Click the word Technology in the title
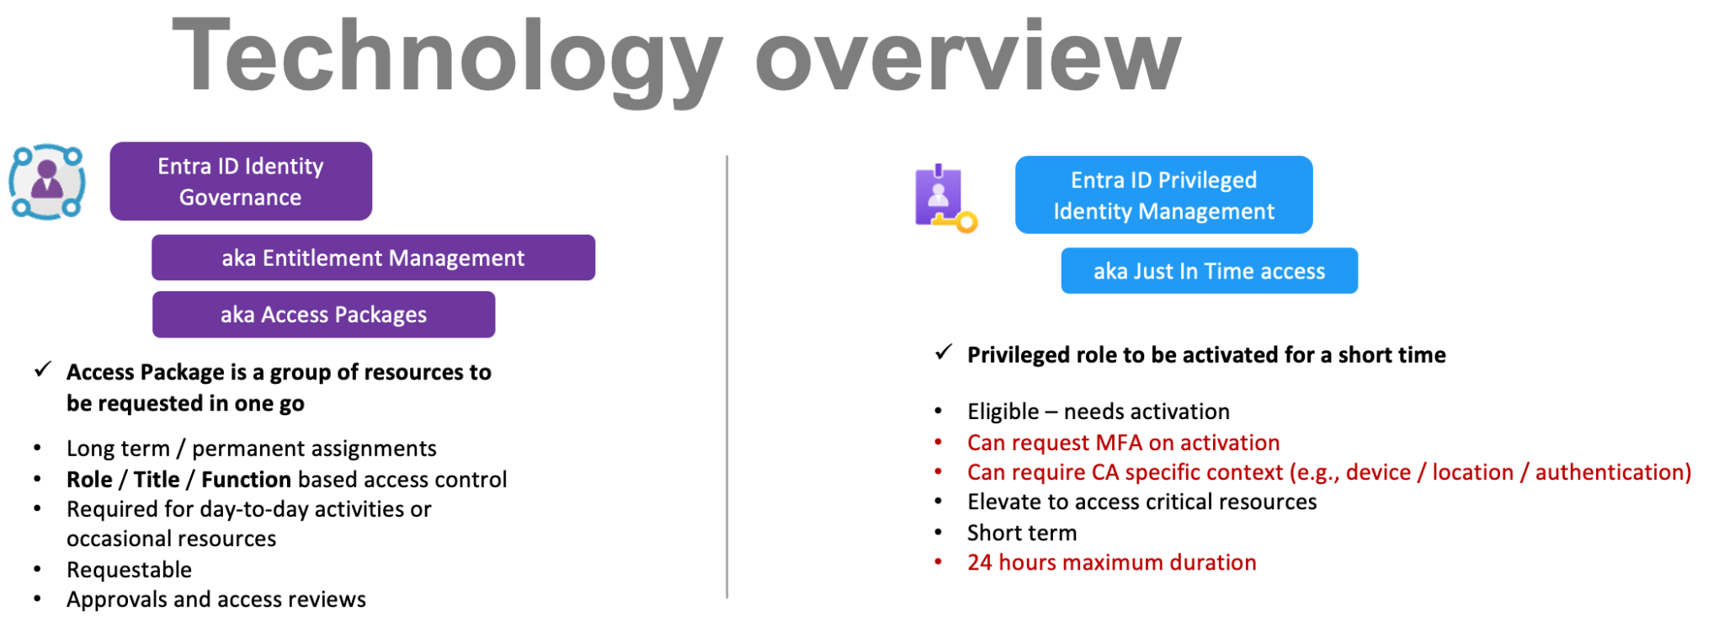coord(446,57)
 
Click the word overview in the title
coord(968,57)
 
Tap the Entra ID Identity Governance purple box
coord(241,181)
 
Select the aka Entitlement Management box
coord(373,258)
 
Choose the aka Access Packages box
coord(323,314)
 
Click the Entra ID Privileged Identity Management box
coord(1163,194)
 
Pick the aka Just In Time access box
coord(1209,271)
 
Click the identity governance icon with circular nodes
coord(47,181)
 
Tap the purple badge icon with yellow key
coord(944,198)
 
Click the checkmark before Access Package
coord(43,369)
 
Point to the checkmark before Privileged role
coord(944,352)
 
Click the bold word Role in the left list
coord(89,479)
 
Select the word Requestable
coord(130,570)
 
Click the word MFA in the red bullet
coord(1118,443)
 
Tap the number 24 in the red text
coord(979,562)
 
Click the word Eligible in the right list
coord(1003,412)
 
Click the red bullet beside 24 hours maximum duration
coord(939,561)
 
